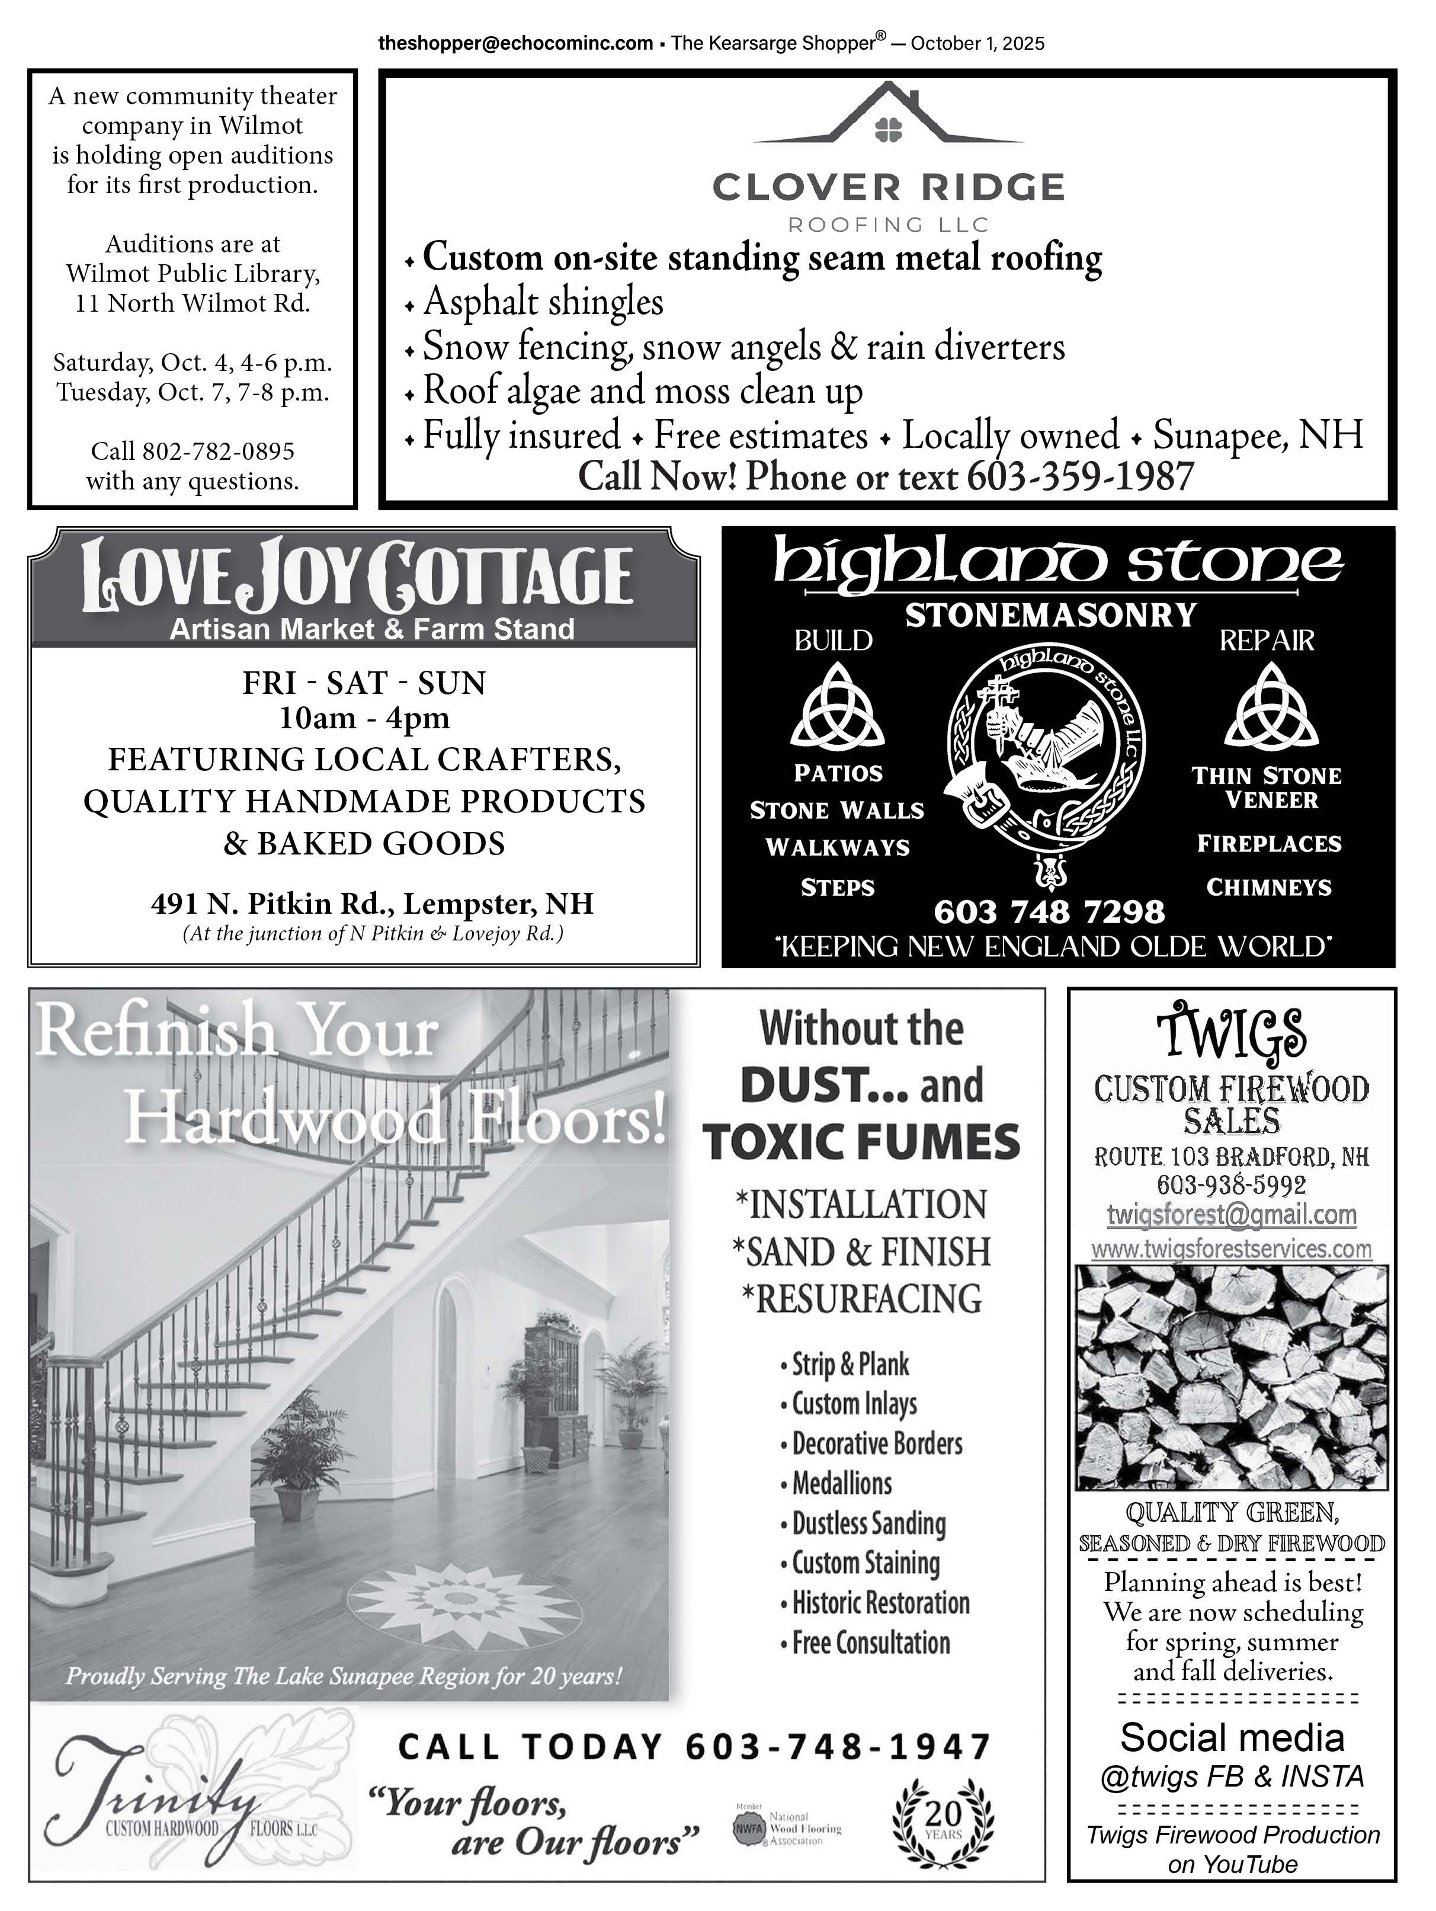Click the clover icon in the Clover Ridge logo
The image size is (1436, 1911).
(889, 130)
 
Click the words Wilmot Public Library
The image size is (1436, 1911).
(193, 274)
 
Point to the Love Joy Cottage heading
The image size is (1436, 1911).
(357, 575)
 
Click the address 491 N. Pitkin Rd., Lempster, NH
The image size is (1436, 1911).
(372, 904)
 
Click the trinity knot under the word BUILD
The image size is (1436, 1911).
(836, 708)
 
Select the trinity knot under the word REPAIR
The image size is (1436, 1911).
(1270, 708)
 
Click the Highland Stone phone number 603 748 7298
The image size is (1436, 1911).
(1049, 911)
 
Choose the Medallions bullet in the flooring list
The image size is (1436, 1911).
(842, 1483)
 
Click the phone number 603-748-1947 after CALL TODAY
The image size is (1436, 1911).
(838, 1747)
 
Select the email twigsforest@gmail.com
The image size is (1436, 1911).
(1232, 1215)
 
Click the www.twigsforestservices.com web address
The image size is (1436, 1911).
(1232, 1249)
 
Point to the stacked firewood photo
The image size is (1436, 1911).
(1232, 1378)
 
